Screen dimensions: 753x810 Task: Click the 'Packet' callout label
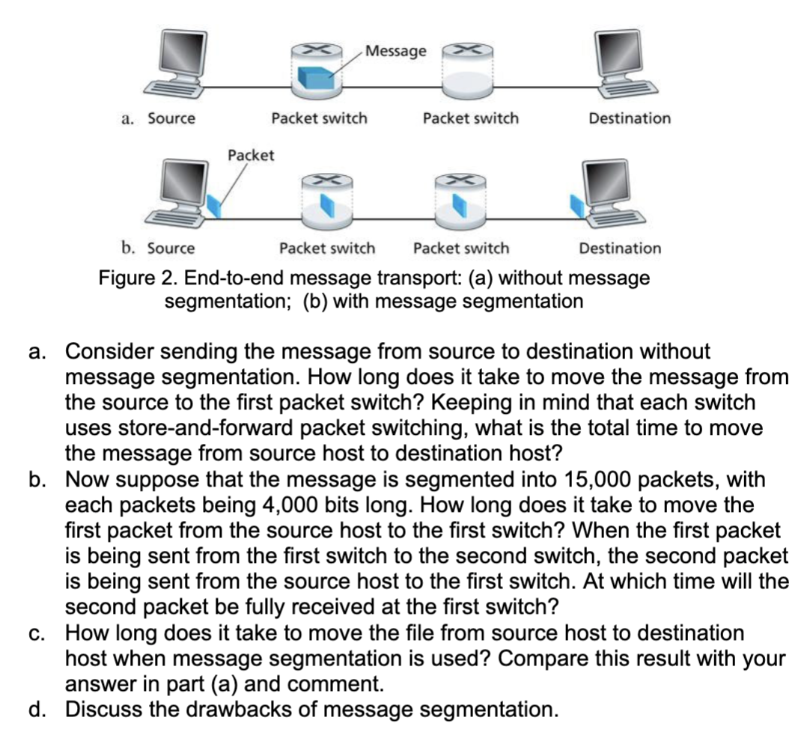click(251, 156)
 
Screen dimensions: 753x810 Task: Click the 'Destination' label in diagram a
click(630, 118)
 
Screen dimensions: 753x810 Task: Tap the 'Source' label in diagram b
click(171, 248)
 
